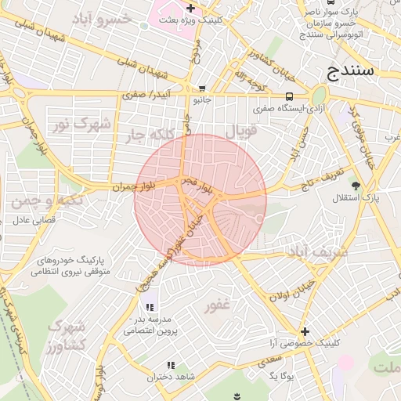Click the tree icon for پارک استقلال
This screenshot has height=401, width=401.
[356, 186]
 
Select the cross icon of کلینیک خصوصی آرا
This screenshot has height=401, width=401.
[305, 331]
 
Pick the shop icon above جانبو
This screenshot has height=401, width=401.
[203, 89]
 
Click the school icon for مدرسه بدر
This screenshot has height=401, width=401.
[150, 305]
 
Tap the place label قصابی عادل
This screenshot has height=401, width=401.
[35, 221]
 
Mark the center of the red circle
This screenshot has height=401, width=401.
[200, 200]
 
